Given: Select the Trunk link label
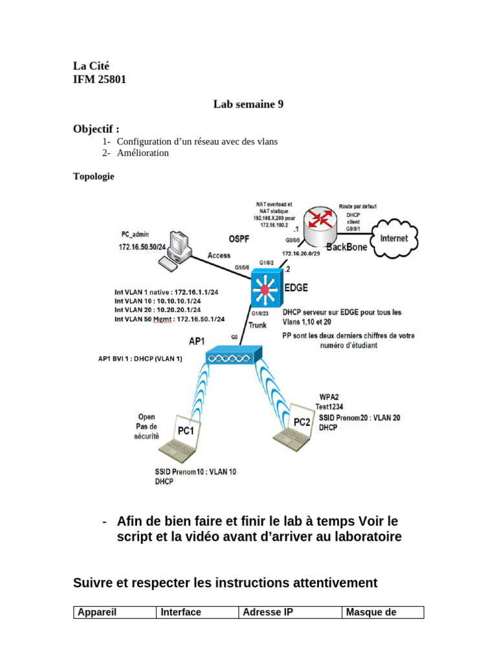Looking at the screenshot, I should click(258, 326).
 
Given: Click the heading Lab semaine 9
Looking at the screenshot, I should click(248, 104).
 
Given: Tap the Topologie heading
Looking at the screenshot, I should click(94, 176).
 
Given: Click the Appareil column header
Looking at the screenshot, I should click(97, 612).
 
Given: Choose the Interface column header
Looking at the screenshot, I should click(181, 612).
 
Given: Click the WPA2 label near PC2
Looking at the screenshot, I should click(330, 396).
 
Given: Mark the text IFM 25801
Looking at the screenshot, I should click(100, 80).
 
